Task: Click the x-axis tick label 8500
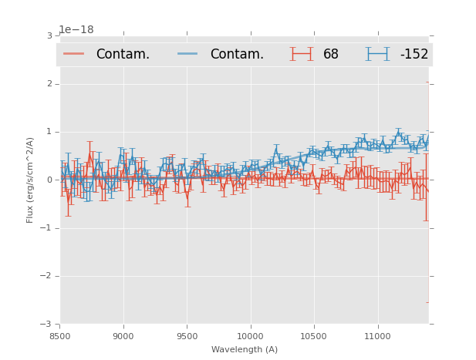point(59,336)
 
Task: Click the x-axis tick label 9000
point(123,336)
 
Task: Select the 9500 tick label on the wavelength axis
point(187,336)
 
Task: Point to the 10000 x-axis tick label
point(250,336)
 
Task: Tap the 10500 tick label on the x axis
point(313,336)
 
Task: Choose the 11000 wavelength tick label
point(377,336)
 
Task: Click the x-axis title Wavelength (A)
point(245,349)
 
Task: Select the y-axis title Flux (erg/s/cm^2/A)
point(31,180)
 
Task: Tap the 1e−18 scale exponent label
point(76,30)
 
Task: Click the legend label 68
point(331,55)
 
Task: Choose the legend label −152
point(414,55)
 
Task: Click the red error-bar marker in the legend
point(302,54)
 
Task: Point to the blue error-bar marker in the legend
point(378,54)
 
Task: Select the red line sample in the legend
point(74,54)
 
